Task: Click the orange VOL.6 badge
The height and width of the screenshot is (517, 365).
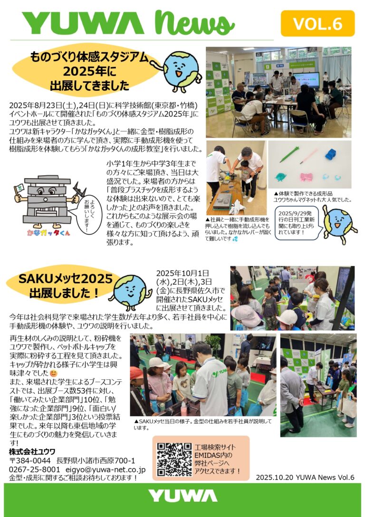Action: [317, 23]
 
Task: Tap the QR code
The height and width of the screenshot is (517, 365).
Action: [174, 459]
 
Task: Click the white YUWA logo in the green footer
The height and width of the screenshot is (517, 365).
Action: [182, 496]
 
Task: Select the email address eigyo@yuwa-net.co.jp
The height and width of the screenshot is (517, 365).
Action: [105, 469]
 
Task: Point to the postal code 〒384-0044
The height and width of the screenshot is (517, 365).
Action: [30, 460]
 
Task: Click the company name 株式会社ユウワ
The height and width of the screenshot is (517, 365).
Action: [32, 451]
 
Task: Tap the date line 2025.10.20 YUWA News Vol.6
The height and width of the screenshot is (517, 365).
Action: [305, 477]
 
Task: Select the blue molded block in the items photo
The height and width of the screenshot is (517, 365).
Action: [331, 154]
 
